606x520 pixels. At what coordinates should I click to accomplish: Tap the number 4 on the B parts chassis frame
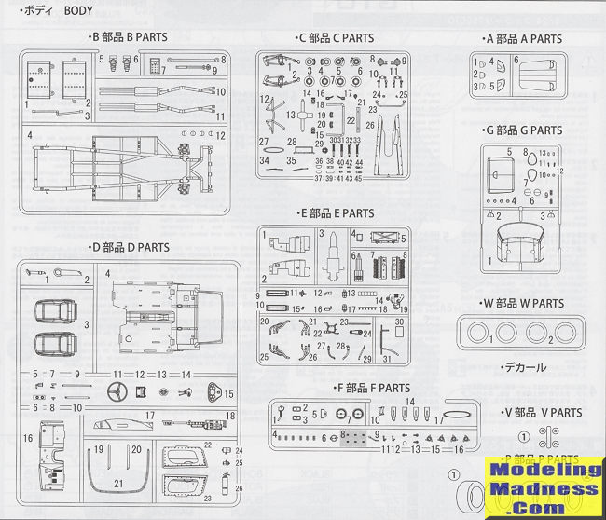pos(30,136)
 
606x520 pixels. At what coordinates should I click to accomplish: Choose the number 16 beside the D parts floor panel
pos(28,436)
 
